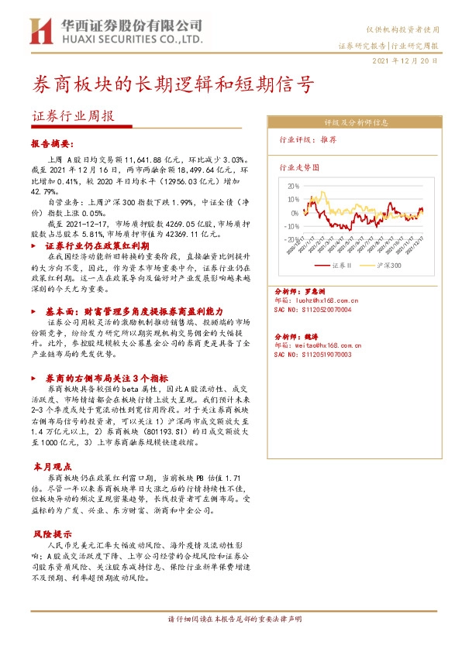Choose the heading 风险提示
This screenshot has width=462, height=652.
pos(52,534)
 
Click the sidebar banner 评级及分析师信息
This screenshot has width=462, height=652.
pos(356,123)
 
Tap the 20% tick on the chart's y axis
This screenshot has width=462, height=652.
pos(292,186)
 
